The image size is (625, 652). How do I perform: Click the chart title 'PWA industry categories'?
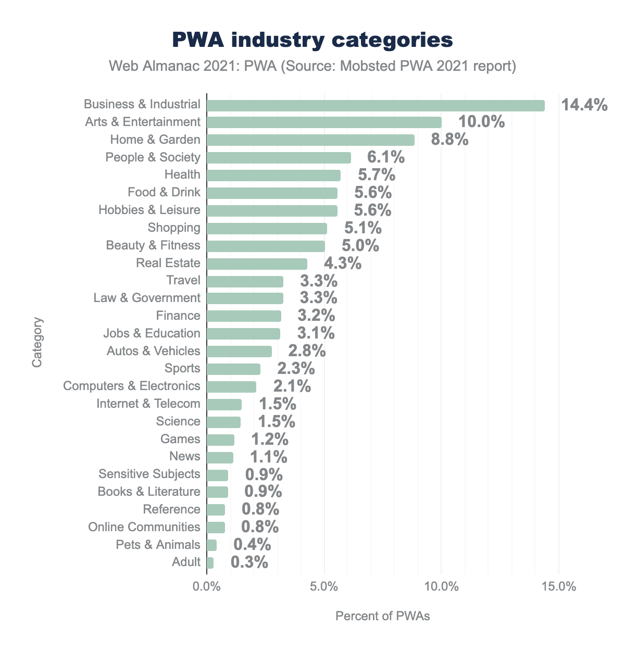coord(312,41)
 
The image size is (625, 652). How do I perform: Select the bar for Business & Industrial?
coord(376,105)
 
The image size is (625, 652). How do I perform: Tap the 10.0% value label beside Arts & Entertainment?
coord(481,122)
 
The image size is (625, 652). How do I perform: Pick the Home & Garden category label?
coord(155,140)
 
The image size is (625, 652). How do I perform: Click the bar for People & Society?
coord(279,158)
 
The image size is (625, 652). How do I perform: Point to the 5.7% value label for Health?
coord(376,175)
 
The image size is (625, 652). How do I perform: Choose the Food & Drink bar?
coord(272,193)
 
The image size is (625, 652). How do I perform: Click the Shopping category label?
coord(174,228)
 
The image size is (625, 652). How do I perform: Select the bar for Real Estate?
coord(257,263)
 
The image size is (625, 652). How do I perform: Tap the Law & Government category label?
coord(147,298)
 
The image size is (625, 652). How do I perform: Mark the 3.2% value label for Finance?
coord(316,316)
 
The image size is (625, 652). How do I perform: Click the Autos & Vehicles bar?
coord(239,351)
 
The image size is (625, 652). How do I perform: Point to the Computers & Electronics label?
coord(132,386)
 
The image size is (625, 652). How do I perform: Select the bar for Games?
coord(220,440)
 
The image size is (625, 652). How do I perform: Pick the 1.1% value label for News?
coord(268,457)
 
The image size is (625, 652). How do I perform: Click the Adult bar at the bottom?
coord(210,562)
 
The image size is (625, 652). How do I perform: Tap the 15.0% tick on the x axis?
coord(558,587)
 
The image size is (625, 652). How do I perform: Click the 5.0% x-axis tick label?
coord(324,587)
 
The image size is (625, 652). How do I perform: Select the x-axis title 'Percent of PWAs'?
coord(382,617)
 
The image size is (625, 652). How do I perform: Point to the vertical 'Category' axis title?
coord(37,342)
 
